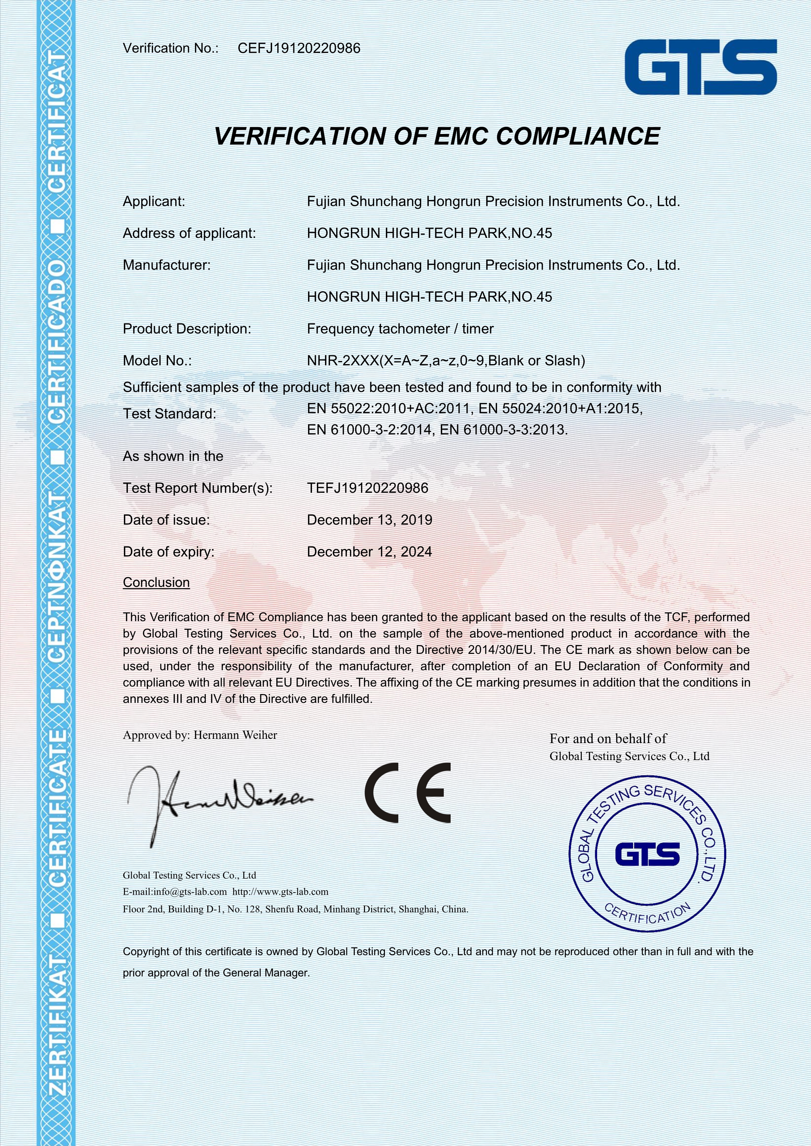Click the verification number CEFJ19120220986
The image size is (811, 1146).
[x=299, y=48]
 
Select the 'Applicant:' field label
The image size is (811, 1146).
[x=154, y=202]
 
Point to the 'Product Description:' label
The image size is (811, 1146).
[x=187, y=329]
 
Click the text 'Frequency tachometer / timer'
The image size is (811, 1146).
[x=400, y=329]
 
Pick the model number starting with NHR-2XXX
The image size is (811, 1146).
[x=445, y=360]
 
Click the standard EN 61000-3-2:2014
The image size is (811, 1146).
[x=369, y=430]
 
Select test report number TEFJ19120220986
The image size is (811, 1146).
[x=368, y=488]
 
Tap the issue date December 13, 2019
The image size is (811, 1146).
[x=370, y=520]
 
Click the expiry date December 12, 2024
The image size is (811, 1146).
[x=370, y=552]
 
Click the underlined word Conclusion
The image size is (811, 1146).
[x=156, y=583]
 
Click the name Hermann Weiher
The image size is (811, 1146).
[x=235, y=735]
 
